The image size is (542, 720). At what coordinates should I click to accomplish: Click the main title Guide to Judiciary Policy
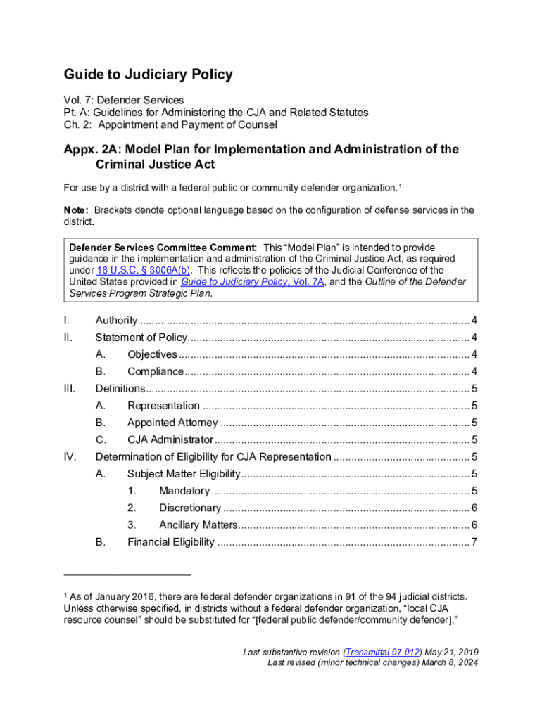(148, 75)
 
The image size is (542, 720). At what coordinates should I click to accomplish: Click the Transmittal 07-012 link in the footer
(381, 652)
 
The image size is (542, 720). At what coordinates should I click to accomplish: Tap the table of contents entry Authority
(116, 321)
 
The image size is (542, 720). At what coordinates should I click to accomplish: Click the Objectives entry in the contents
(152, 354)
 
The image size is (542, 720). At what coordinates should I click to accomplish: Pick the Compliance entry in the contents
(156, 371)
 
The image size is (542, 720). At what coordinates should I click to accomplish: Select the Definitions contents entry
(120, 388)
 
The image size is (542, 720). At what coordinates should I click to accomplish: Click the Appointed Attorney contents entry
(172, 423)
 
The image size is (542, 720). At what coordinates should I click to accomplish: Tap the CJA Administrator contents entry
(170, 439)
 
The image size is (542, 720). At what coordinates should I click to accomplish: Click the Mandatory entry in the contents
(184, 491)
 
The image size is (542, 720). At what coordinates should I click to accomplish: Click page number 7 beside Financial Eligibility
(475, 541)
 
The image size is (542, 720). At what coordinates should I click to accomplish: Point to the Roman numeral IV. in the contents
(70, 457)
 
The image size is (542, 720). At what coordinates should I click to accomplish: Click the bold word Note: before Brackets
(76, 210)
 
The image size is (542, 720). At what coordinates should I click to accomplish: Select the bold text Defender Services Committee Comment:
(163, 247)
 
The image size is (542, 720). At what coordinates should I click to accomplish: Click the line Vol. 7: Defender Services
(124, 100)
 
